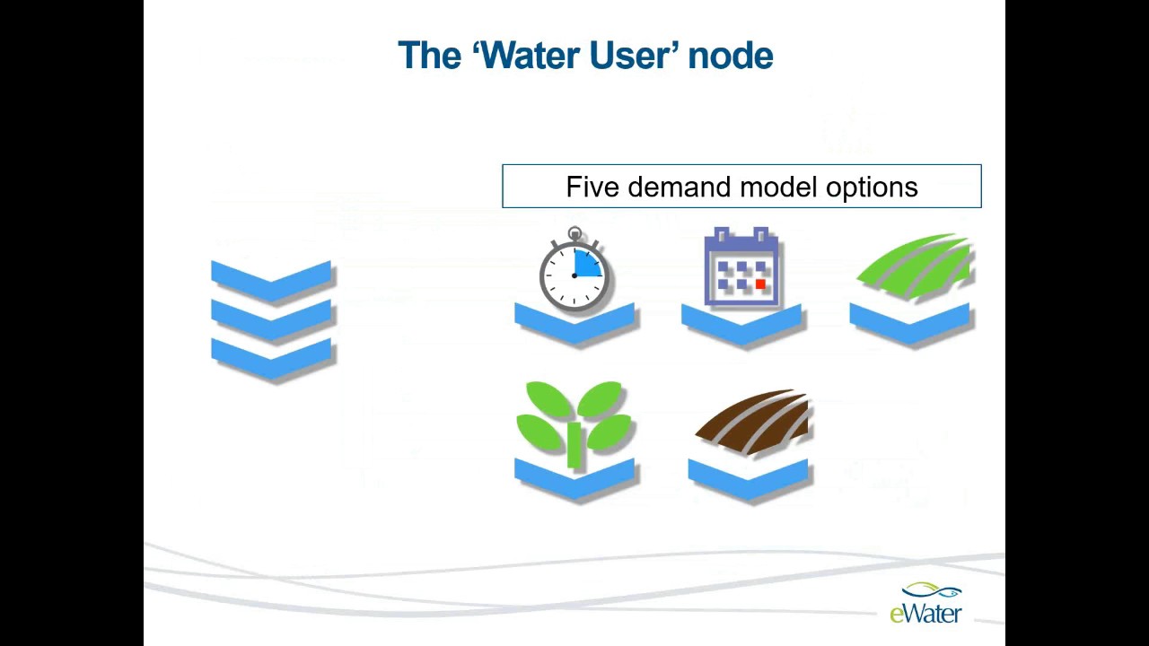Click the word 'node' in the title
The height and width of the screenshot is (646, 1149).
click(x=731, y=56)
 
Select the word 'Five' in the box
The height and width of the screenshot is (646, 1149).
click(x=592, y=187)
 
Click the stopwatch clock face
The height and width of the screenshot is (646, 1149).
click(x=574, y=273)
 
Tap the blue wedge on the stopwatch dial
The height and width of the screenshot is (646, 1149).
click(x=588, y=263)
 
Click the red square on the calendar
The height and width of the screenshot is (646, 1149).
click(x=760, y=284)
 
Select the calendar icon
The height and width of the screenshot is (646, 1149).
click(x=741, y=267)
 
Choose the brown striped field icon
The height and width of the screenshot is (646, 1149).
click(x=754, y=422)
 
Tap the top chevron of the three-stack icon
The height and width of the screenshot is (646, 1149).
click(x=272, y=278)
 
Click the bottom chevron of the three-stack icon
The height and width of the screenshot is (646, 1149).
click(x=272, y=358)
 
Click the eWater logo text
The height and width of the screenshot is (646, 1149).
click(x=925, y=614)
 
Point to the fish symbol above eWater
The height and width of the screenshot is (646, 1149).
click(x=934, y=591)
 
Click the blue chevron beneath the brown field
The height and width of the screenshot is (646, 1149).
click(x=749, y=479)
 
